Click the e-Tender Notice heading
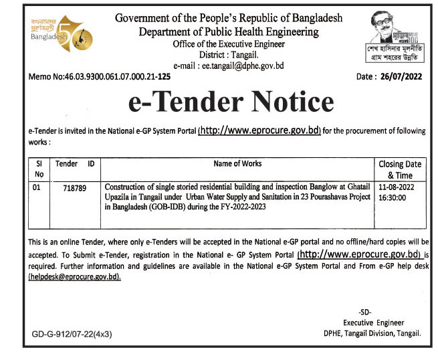(230, 102)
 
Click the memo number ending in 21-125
(100, 77)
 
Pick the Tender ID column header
(74, 164)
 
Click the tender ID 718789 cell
(74, 187)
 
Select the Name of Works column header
(237, 164)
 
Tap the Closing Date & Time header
(400, 169)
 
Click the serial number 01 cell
(36, 187)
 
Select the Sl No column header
(39, 169)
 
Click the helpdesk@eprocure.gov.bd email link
(74, 277)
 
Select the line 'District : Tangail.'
(229, 55)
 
